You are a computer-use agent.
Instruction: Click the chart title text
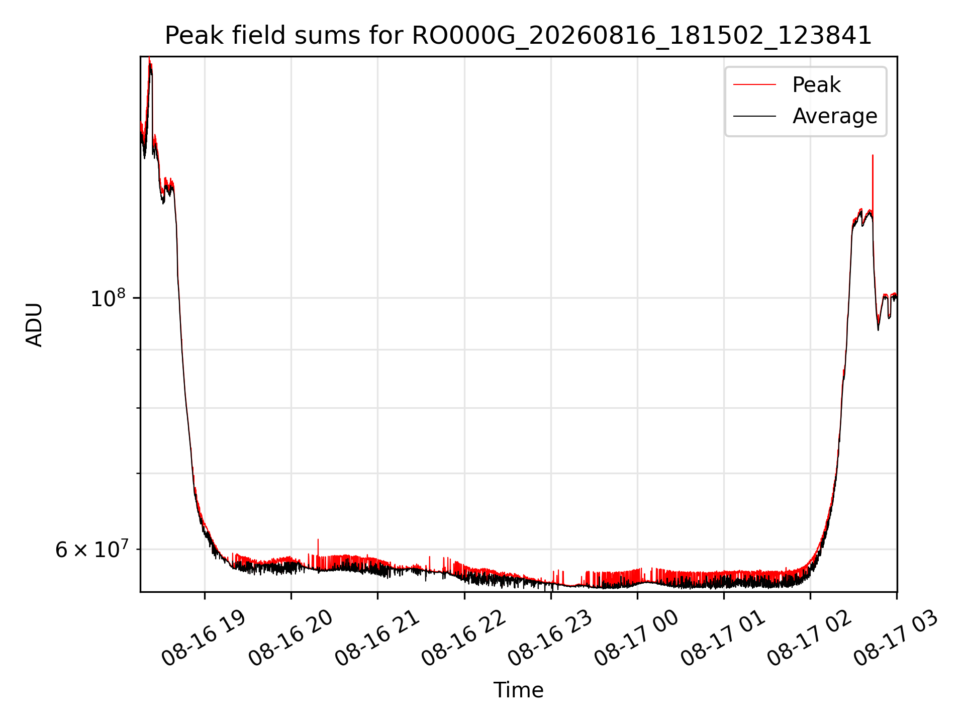coord(518,36)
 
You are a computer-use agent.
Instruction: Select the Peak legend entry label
coord(816,85)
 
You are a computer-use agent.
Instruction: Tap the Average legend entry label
coord(835,116)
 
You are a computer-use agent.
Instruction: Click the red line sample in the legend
coord(754,85)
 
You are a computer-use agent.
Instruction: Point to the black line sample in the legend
coord(754,116)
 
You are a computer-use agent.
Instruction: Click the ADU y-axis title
coord(34,324)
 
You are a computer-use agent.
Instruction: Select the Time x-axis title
coord(518,690)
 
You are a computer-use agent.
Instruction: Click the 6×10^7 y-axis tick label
coord(91,550)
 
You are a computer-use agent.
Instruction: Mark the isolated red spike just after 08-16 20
coord(318,553)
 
